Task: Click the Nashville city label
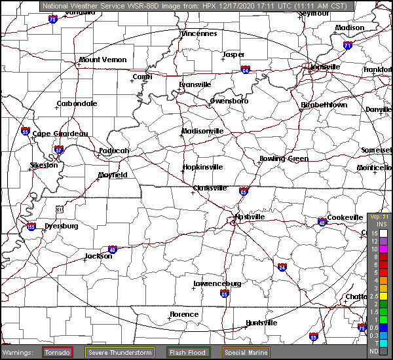tap(250, 217)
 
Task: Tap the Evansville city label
tap(195, 84)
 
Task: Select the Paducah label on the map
tap(114, 151)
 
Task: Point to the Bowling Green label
tap(284, 159)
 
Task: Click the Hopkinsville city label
tap(202, 168)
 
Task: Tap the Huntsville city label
tap(261, 323)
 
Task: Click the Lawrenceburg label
tap(217, 283)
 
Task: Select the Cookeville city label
tap(345, 217)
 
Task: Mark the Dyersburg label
tap(62, 226)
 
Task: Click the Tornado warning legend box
tap(58, 352)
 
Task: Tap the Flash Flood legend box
tap(188, 352)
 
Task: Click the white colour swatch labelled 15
tap(383, 232)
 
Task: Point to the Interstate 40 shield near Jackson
tap(113, 249)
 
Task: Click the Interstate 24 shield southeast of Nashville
tap(282, 267)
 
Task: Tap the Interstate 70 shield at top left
tap(52, 20)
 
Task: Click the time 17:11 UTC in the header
tap(247, 6)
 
